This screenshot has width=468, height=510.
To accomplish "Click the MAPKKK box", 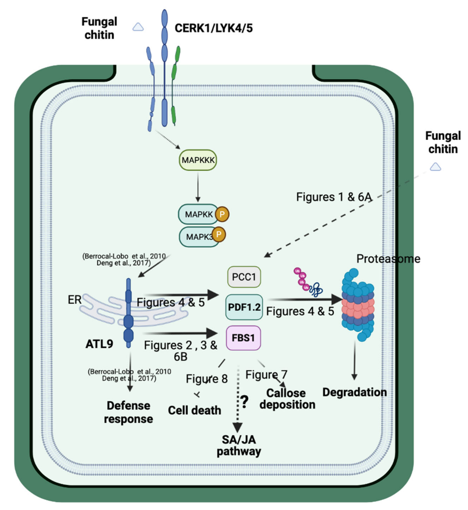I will coord(198,160).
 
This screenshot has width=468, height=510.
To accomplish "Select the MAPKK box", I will coord(198,214).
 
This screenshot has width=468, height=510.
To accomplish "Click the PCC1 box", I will coord(244,277).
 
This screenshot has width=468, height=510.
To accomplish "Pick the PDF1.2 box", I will coord(244,307).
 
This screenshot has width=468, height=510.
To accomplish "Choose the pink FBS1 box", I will coord(243,338).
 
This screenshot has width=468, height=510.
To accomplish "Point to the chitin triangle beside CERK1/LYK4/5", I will coord(138,27).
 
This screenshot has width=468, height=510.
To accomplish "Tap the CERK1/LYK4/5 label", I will coord(213,28).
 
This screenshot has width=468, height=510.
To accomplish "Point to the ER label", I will coord(75,300).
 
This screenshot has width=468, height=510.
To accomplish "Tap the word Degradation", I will coord(354,392).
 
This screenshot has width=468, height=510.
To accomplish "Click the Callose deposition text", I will coord(287,399).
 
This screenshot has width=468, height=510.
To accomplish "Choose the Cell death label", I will coord(194,410).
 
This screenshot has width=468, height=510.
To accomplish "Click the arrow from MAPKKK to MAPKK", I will coord(198,188).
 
